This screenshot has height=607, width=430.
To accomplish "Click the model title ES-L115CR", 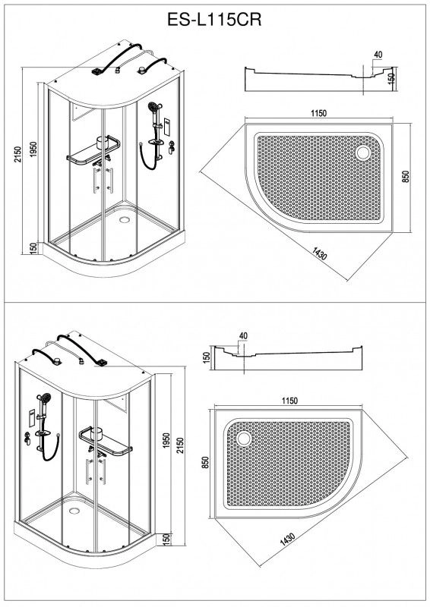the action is [x=214, y=20].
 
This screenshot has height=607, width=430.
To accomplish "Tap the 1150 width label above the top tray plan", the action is [x=318, y=113].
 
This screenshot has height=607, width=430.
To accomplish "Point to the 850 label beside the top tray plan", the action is [x=406, y=177].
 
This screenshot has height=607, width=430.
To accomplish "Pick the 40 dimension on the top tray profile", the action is [x=378, y=55].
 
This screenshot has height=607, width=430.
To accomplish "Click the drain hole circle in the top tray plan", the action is [x=363, y=153].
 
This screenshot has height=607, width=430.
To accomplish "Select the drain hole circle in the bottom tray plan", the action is [x=244, y=439].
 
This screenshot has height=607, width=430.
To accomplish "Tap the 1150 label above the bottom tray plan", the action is [x=289, y=401].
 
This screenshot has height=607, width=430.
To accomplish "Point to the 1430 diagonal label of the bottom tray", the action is [x=287, y=539].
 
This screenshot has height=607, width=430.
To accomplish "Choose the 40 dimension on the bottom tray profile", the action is [x=243, y=336].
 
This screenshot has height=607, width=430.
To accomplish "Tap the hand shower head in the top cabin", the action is [x=155, y=105].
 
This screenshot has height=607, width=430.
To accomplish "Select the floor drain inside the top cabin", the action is [x=125, y=220].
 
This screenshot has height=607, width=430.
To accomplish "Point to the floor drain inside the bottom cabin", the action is [x=74, y=511].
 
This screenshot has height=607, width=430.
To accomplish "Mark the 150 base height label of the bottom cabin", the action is [x=166, y=538].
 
